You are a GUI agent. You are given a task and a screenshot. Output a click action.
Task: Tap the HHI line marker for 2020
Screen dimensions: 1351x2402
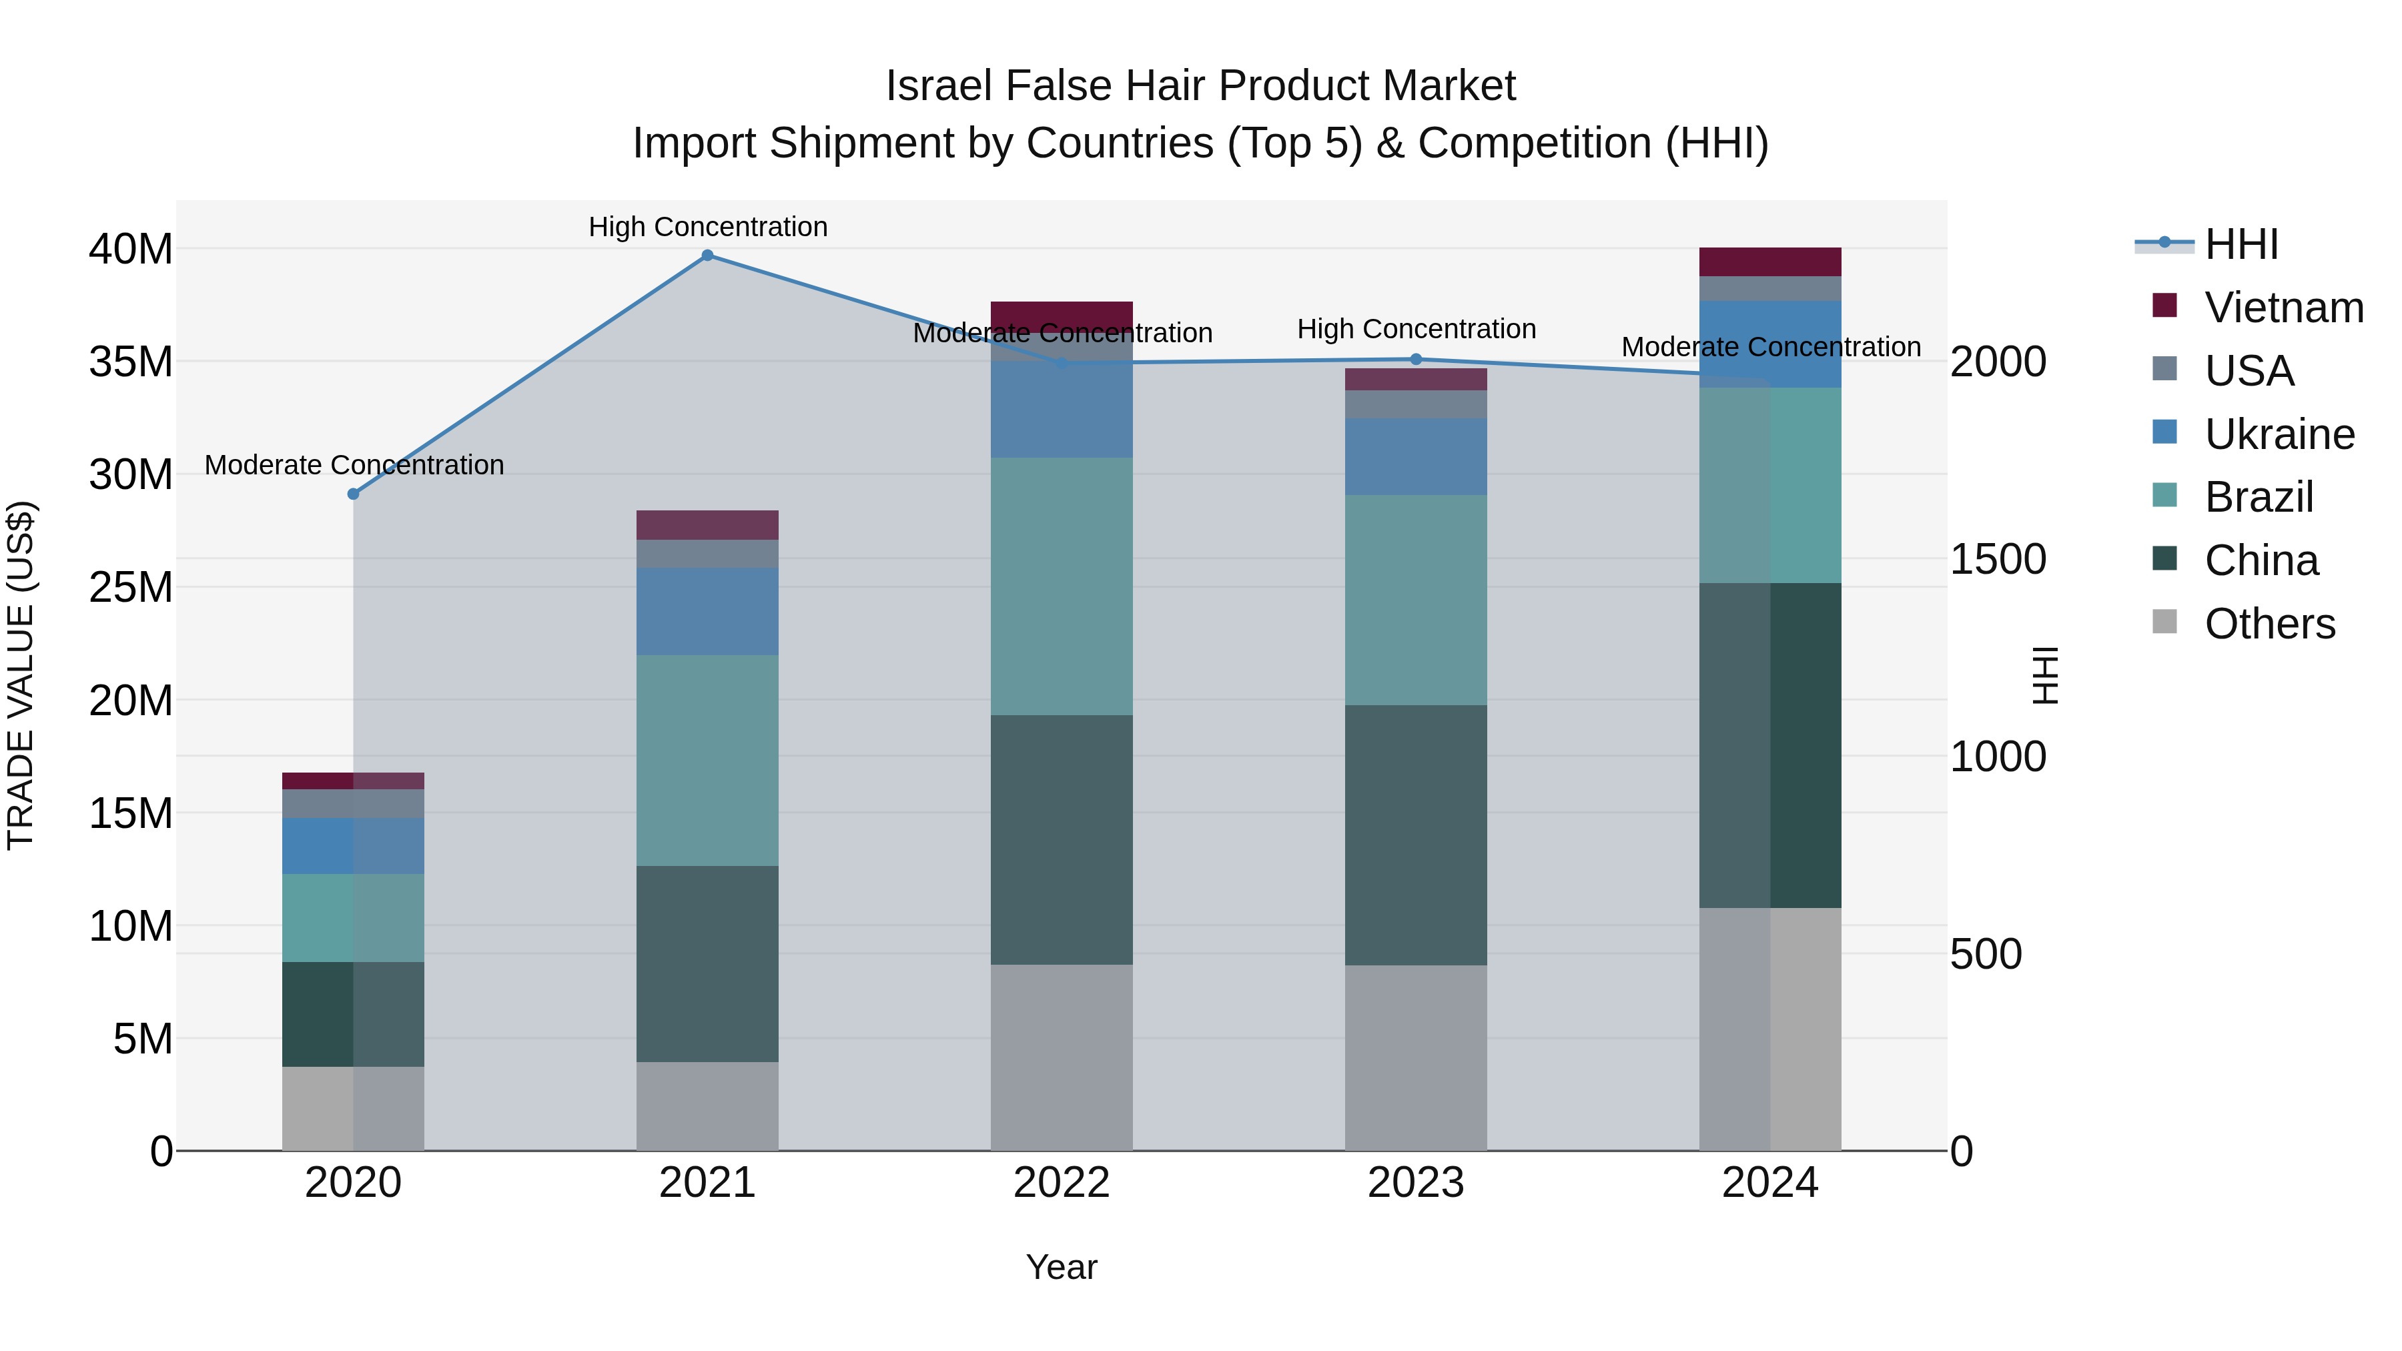pos(354,494)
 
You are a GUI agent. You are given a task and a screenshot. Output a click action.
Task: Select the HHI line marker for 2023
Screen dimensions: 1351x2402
pos(1415,359)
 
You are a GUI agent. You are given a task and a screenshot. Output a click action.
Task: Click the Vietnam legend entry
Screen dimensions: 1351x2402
pos(2283,308)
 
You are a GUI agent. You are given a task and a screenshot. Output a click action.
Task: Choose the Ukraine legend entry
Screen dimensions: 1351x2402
pos(2279,434)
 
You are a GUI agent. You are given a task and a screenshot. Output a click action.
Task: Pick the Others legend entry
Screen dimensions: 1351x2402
pos(2270,624)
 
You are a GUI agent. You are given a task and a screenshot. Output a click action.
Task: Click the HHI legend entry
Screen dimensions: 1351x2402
pos(2241,244)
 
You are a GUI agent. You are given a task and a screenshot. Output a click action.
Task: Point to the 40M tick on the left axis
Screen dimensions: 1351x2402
pos(131,250)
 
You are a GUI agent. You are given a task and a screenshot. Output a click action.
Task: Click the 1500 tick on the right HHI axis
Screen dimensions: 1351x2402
pos(1997,560)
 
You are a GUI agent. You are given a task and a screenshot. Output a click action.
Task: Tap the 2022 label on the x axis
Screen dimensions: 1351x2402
pos(1061,1183)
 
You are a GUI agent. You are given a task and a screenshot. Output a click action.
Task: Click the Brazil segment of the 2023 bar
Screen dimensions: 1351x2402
pos(1415,600)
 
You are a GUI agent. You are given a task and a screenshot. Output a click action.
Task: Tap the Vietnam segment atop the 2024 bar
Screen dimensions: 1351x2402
pos(1769,262)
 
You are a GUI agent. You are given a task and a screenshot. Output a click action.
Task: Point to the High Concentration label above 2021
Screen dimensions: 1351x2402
pos(708,227)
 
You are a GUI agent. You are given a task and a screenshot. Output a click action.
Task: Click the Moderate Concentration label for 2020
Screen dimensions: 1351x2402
pos(354,464)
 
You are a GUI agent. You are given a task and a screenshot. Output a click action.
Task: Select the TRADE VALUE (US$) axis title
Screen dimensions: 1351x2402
pos(21,675)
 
